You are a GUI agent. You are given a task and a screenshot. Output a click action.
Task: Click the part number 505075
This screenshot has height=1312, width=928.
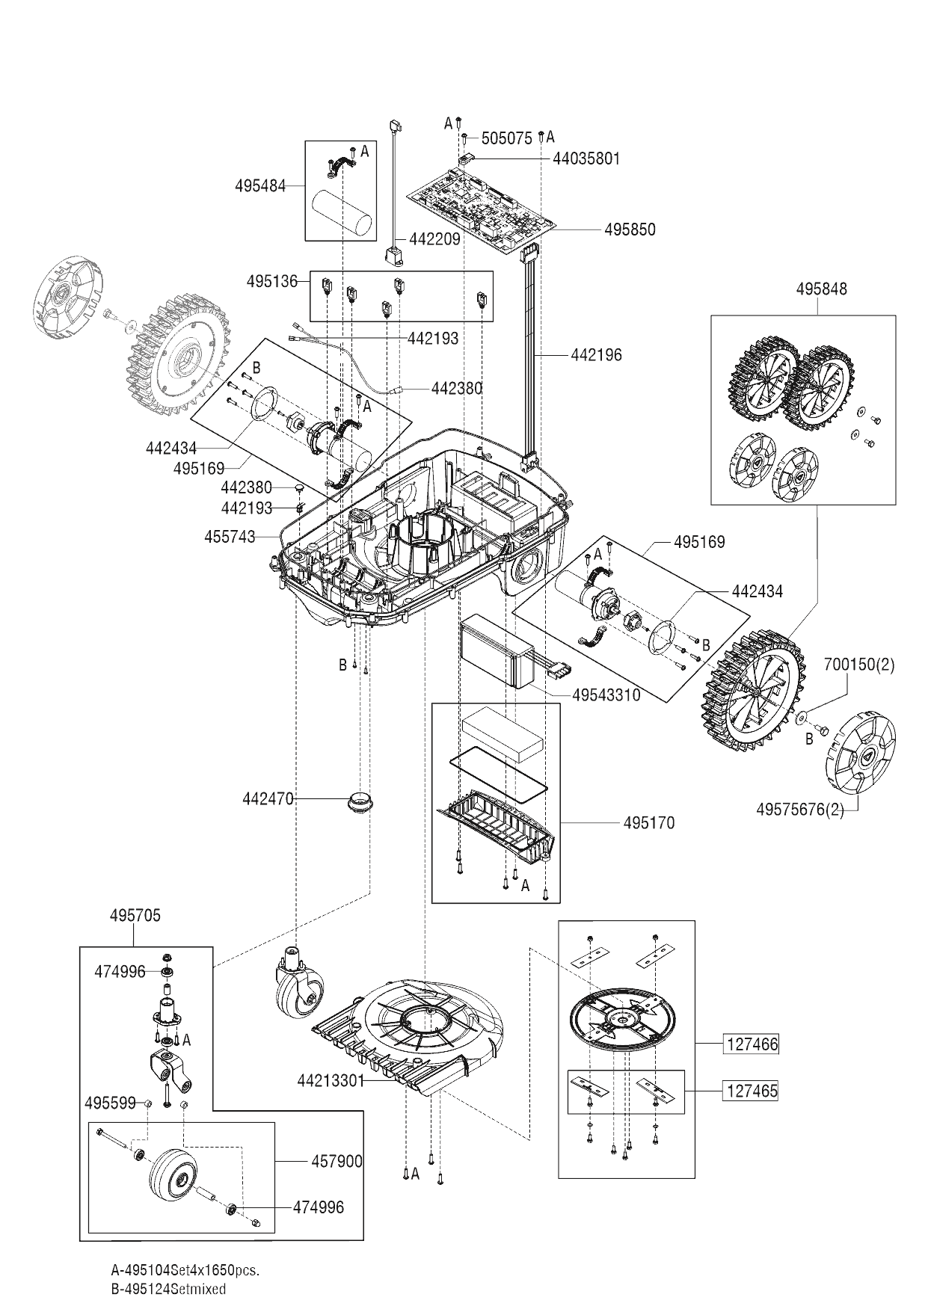[x=506, y=138]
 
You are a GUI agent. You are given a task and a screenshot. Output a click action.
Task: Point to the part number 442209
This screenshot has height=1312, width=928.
[x=434, y=241]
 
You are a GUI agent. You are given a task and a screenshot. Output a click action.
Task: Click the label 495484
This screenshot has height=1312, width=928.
[x=260, y=186]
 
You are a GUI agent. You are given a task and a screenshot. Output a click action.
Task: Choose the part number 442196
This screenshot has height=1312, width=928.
[x=596, y=355]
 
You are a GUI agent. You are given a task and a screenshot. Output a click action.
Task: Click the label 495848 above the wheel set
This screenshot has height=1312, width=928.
[x=821, y=289]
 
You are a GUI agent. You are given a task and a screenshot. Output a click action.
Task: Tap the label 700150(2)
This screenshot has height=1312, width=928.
[x=858, y=665]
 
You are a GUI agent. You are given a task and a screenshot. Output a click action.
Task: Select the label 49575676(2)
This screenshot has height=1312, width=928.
[x=799, y=810]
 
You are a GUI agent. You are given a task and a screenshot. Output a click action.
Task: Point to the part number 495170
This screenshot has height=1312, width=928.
[x=648, y=823]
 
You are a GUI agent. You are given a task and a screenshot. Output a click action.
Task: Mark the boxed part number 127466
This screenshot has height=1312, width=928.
[x=752, y=1044]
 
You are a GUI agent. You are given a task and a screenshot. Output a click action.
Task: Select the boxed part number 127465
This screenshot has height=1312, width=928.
[x=752, y=1091]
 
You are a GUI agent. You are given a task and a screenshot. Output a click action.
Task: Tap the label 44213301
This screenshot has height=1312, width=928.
[x=330, y=1080]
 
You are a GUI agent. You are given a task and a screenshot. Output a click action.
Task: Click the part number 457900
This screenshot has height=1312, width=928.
[x=337, y=1161]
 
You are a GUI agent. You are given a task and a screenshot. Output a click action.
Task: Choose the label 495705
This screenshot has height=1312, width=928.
[x=135, y=916]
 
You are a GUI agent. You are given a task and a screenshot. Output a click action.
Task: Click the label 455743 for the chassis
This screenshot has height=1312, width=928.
[x=230, y=537]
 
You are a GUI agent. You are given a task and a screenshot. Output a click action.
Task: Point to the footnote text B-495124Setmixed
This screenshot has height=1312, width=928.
[x=168, y=1290]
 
